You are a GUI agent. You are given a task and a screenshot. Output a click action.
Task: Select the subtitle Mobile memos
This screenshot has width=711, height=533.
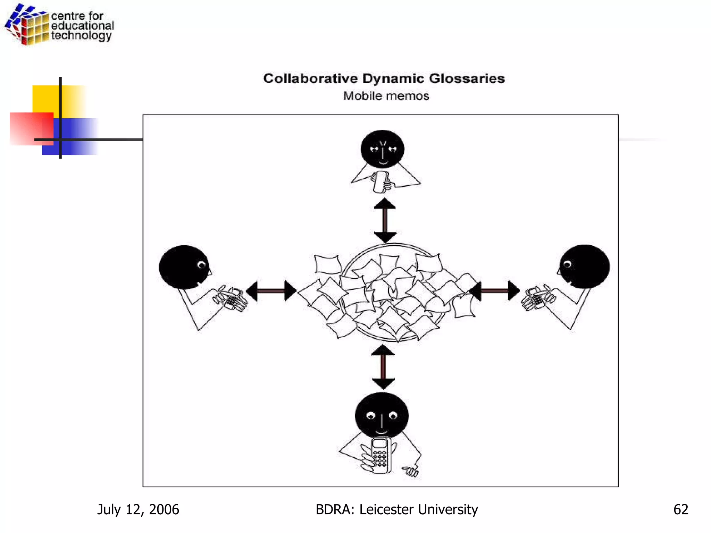click(x=386, y=96)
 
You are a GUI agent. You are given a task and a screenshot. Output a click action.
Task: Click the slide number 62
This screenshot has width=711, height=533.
click(x=680, y=509)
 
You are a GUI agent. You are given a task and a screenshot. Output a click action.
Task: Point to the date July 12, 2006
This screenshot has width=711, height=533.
click(x=138, y=509)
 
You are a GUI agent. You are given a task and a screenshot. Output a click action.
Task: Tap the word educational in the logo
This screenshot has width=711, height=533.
click(x=83, y=26)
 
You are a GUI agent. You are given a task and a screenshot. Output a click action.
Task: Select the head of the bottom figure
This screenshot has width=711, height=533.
click(x=382, y=415)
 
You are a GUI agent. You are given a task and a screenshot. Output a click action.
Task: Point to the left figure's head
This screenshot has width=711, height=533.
click(x=184, y=267)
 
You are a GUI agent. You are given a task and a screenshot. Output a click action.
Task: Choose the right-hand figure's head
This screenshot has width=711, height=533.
click(x=584, y=266)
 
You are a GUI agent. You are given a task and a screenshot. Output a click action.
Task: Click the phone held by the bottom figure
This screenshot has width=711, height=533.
click(x=380, y=455)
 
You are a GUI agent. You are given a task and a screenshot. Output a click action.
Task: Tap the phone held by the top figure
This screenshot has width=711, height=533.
click(x=380, y=181)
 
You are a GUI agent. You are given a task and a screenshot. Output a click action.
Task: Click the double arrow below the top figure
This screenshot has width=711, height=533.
click(x=385, y=220)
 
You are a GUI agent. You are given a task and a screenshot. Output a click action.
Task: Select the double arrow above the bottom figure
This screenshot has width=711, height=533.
click(x=383, y=367)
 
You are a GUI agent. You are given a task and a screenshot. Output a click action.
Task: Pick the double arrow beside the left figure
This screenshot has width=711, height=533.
click(x=271, y=291)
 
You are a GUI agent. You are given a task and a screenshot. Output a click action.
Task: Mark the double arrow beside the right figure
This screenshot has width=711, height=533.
click(x=494, y=290)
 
